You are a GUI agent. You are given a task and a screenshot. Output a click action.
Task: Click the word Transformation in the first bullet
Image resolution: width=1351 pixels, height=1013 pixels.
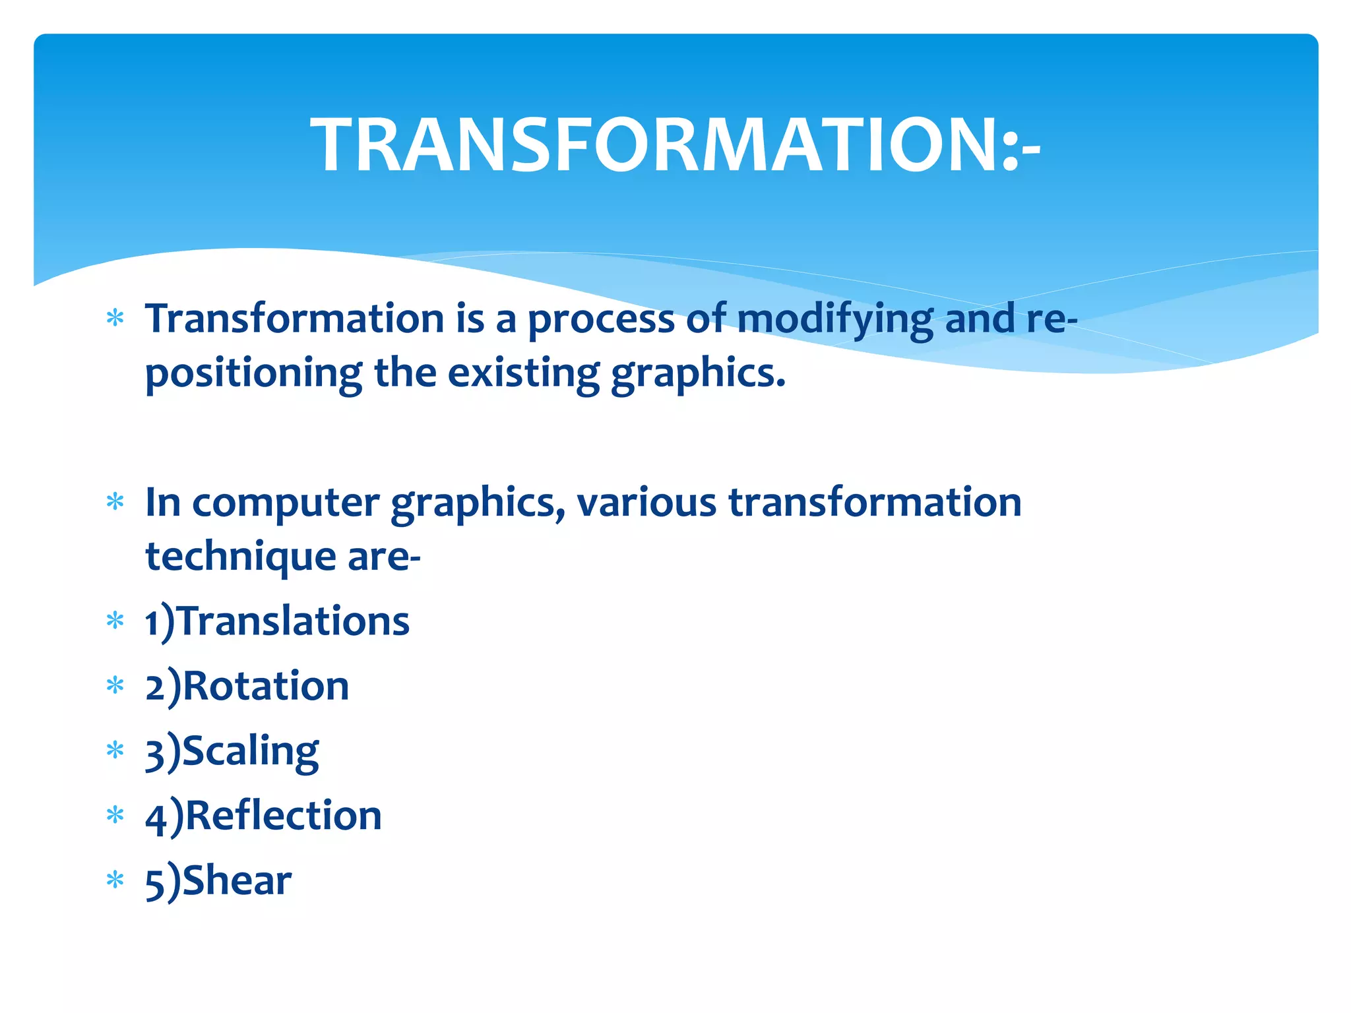tap(295, 319)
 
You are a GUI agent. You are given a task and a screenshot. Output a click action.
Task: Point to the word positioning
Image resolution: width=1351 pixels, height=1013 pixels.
tap(253, 374)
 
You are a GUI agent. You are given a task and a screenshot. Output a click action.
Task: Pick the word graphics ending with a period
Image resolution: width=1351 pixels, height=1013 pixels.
tap(698, 374)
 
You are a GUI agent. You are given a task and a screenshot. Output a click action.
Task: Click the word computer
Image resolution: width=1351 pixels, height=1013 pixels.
tap(285, 503)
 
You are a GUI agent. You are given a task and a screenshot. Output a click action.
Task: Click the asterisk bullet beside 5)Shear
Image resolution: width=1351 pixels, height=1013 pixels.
tap(115, 880)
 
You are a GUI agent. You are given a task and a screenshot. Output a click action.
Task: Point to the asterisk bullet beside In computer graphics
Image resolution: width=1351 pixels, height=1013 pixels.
tap(115, 503)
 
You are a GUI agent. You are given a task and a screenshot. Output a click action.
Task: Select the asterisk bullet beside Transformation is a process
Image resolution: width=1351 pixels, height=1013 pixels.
tap(115, 319)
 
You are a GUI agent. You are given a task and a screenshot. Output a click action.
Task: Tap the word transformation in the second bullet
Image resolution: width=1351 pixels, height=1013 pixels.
tap(875, 503)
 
